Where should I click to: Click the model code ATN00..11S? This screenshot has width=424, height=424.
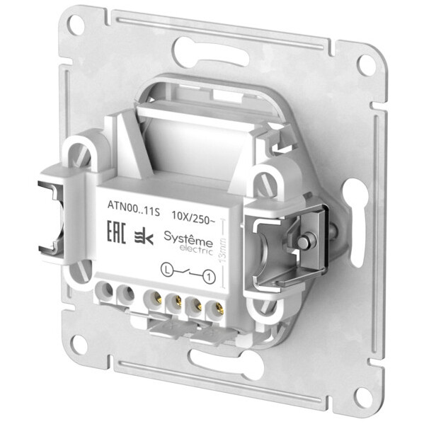point(128,210)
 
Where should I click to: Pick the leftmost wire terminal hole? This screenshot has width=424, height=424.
point(108,289)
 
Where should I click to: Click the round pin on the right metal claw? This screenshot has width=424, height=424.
point(303,243)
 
